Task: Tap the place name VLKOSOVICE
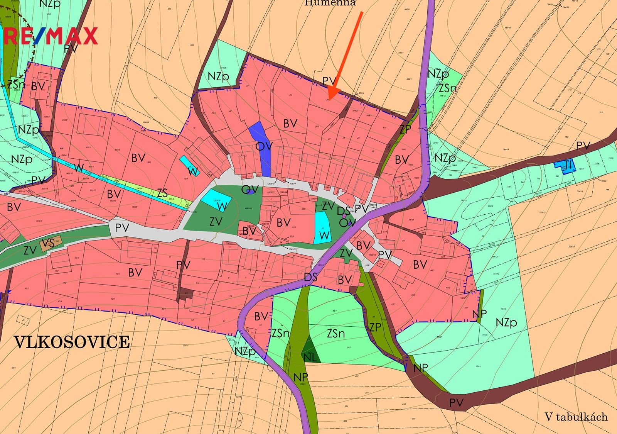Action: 72,342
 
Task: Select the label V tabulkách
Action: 576,417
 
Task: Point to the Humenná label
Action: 330,3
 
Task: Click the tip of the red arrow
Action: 329,98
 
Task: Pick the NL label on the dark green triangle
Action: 310,357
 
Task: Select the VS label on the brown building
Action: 48,243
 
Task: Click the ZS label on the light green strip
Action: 162,193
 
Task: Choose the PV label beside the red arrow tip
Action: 329,81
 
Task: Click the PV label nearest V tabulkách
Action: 456,403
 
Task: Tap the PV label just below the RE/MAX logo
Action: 71,49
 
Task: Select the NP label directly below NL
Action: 300,377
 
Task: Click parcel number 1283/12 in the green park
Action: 248,209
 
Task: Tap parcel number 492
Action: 357,376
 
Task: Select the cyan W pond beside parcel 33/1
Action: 323,228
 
